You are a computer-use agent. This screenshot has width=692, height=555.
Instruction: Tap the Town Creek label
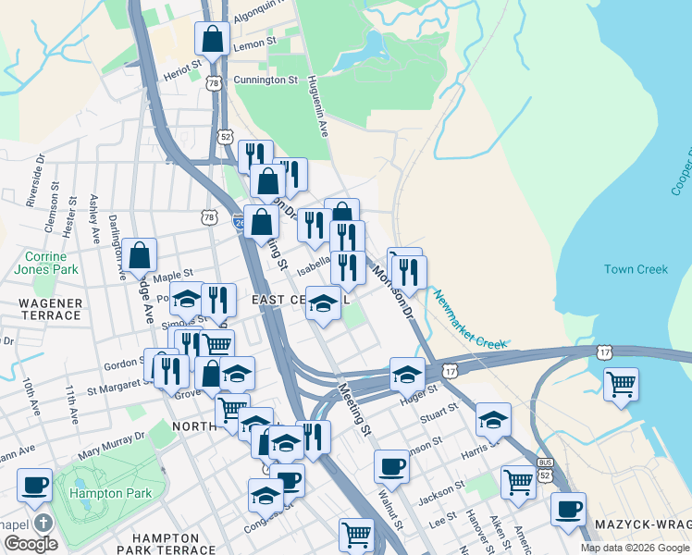[x=636, y=269]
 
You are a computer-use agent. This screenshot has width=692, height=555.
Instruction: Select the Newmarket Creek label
[x=471, y=321]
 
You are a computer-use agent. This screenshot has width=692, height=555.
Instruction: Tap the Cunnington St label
[x=266, y=80]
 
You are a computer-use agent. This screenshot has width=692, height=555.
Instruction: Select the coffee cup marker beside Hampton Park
[x=34, y=484]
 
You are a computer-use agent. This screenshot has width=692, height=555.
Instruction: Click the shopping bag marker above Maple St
[x=139, y=254]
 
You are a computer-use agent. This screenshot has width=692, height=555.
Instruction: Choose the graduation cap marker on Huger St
[x=407, y=374]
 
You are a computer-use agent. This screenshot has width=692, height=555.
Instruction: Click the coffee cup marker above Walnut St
[x=391, y=465]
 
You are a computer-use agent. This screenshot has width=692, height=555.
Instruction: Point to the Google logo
[x=31, y=544]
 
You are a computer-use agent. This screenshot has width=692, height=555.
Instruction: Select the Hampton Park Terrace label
[x=166, y=543]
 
